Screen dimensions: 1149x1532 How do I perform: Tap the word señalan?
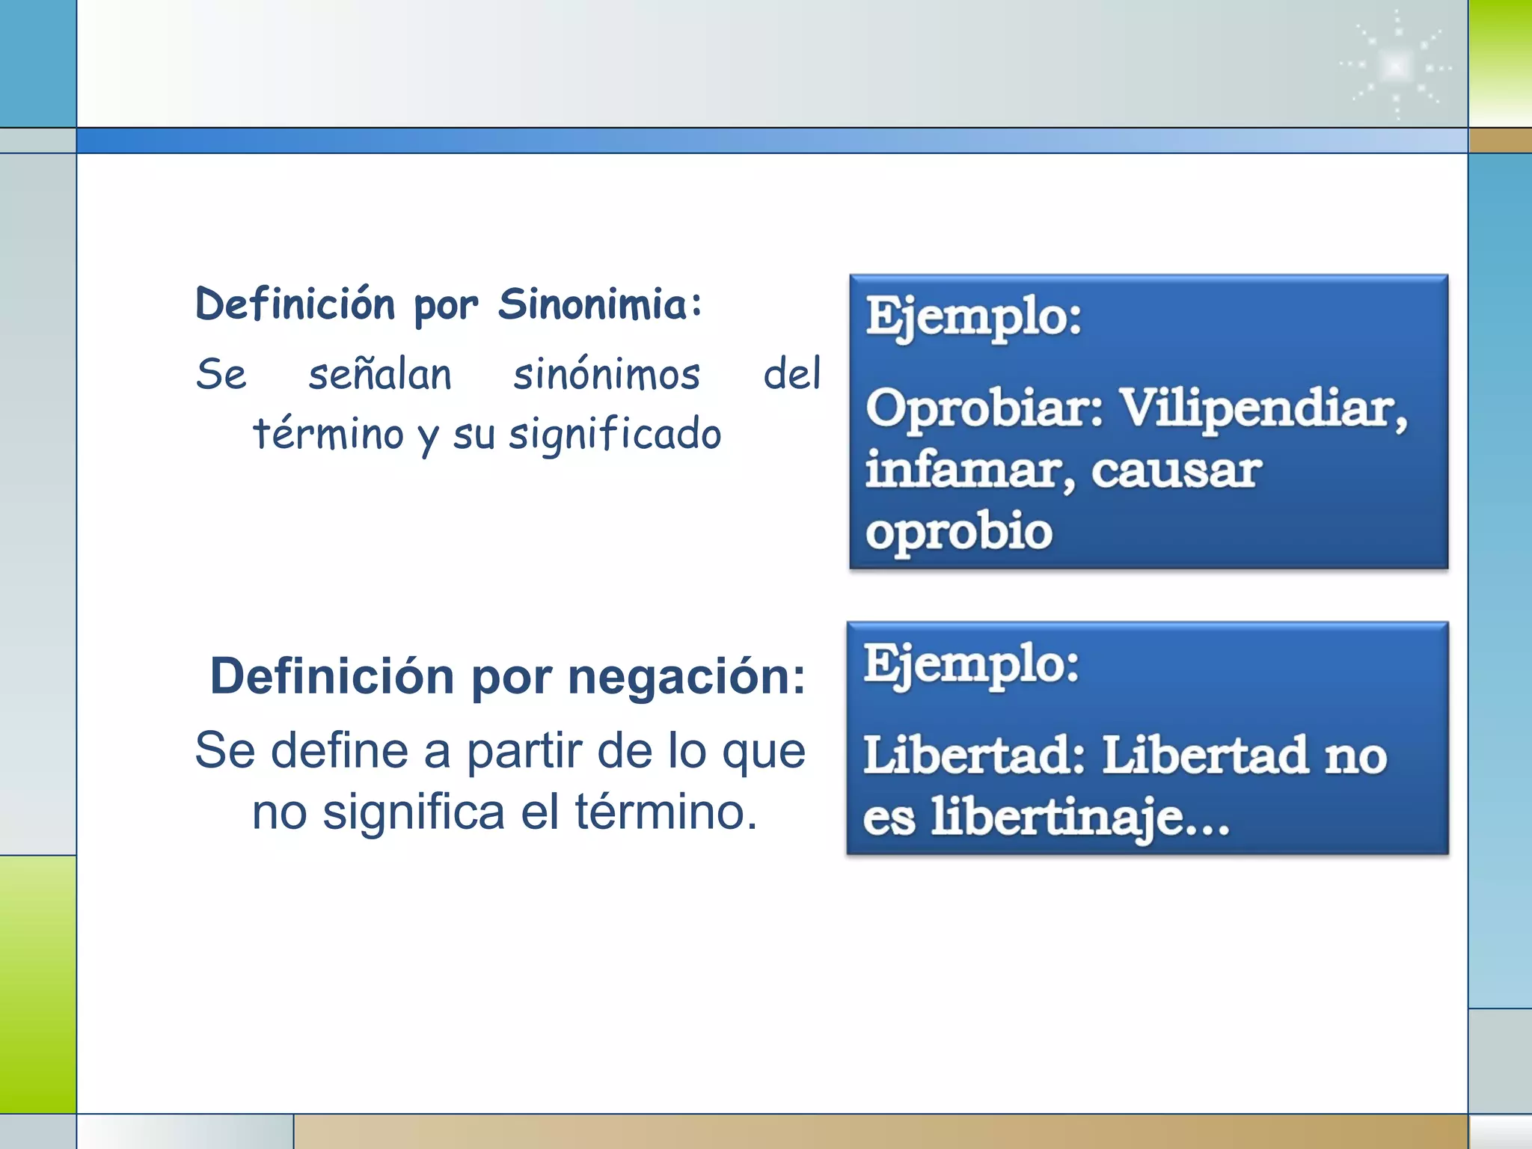point(380,374)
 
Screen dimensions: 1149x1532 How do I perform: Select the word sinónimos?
point(607,374)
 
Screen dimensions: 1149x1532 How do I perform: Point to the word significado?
point(615,435)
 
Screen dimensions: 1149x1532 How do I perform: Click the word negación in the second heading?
point(687,677)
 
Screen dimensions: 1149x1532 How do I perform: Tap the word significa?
point(414,812)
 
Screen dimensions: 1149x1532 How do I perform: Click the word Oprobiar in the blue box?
point(984,408)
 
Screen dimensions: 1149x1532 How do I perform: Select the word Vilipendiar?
point(1263,408)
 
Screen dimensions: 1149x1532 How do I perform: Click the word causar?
point(1176,471)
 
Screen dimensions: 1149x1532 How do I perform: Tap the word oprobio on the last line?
point(959,532)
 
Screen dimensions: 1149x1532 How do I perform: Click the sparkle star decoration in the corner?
point(1396,67)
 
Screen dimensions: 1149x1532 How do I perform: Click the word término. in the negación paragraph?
point(666,812)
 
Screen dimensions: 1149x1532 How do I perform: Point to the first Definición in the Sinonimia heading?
point(295,304)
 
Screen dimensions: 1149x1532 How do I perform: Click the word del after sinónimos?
point(791,374)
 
